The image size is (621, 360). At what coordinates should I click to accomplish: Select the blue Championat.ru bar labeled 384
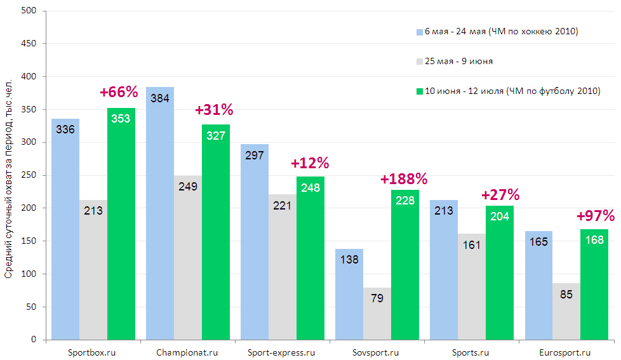[160, 216]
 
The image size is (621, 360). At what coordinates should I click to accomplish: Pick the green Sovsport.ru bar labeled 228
[405, 267]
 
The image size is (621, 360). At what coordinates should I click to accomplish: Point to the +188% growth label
[404, 179]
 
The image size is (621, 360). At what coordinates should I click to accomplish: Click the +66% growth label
[119, 92]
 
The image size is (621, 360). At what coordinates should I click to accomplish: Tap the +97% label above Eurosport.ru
[595, 216]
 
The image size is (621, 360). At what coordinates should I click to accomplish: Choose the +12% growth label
[309, 163]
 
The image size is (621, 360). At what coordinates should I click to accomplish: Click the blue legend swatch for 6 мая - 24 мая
[419, 31]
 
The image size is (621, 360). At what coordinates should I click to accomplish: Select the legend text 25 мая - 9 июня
[458, 62]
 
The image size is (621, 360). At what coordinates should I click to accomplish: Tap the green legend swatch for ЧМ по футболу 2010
[419, 91]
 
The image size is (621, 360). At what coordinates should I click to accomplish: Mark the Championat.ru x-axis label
[188, 352]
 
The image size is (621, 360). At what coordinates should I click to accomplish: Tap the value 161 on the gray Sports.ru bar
[472, 244]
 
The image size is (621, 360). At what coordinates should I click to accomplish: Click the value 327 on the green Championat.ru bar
[216, 135]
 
